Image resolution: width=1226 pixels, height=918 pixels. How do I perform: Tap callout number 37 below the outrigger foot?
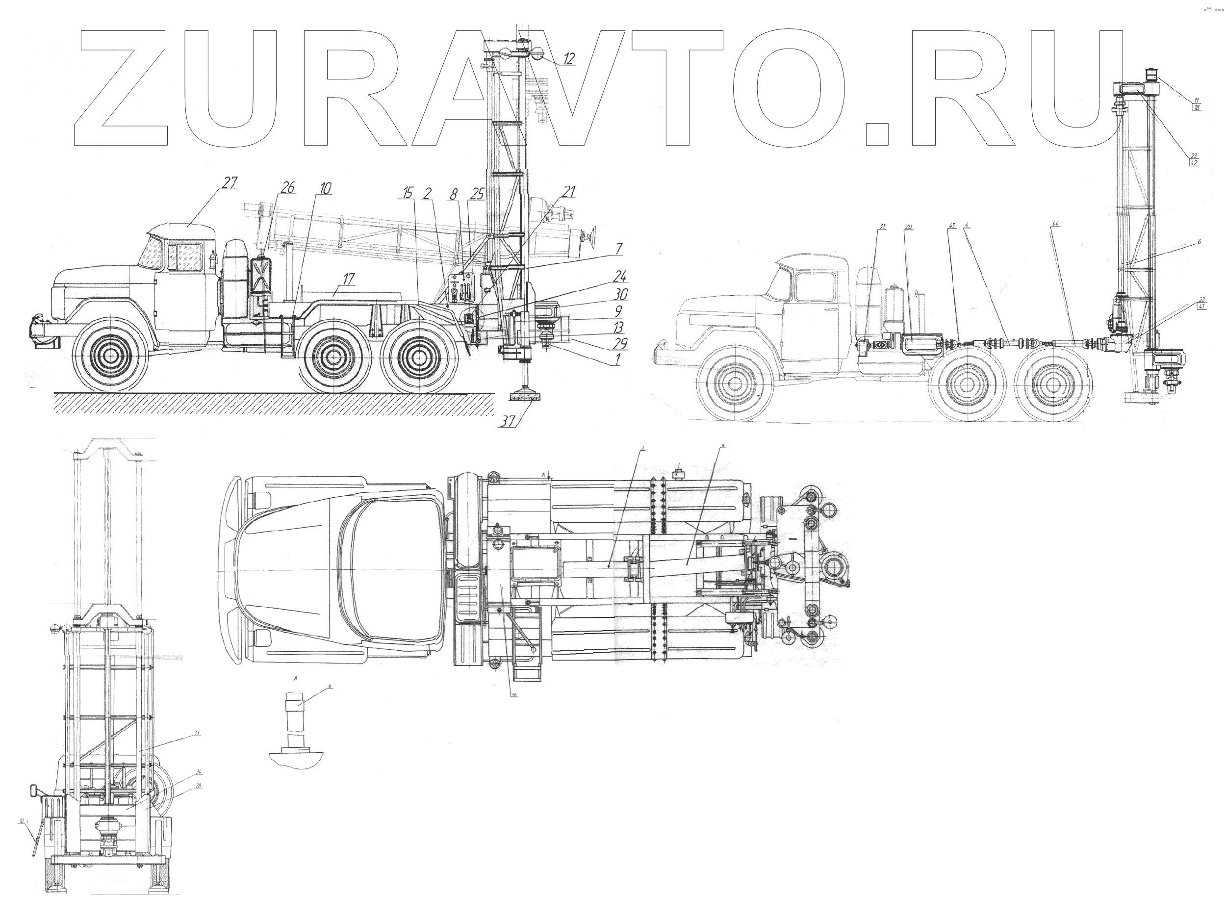tap(508, 421)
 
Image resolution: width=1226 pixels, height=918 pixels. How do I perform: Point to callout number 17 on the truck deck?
tap(348, 279)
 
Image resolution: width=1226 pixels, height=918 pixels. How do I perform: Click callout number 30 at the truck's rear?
tap(620, 295)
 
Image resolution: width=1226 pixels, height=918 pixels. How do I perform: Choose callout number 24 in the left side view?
tap(620, 276)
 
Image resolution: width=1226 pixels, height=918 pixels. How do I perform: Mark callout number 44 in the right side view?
tap(1055, 225)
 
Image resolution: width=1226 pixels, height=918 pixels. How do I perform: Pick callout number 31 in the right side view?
tap(882, 226)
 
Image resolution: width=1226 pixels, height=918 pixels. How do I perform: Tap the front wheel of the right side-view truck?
tap(735, 383)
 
